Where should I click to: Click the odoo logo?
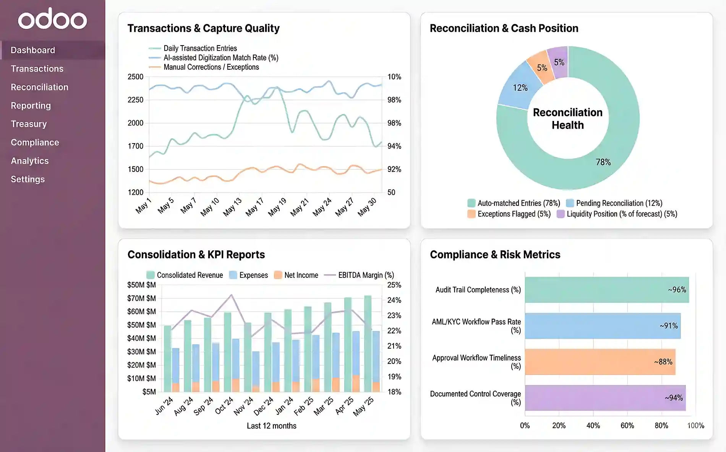52,19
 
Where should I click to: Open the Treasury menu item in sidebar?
29,124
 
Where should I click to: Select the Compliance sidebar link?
35,142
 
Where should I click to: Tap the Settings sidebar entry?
28,179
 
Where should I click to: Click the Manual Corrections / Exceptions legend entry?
211,67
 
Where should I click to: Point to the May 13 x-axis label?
232,207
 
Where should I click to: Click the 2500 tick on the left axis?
135,77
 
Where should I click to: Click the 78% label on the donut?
603,162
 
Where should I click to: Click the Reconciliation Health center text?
567,119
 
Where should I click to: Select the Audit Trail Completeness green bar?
606,290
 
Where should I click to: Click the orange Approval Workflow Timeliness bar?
600,362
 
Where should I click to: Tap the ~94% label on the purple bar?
674,398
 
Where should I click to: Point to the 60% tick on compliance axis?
627,426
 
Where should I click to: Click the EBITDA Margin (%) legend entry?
366,275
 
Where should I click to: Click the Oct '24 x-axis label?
224,406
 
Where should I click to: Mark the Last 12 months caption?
271,426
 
